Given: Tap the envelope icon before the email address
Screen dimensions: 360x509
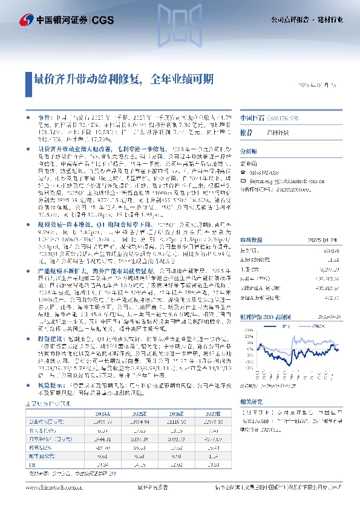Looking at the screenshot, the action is (244, 180).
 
